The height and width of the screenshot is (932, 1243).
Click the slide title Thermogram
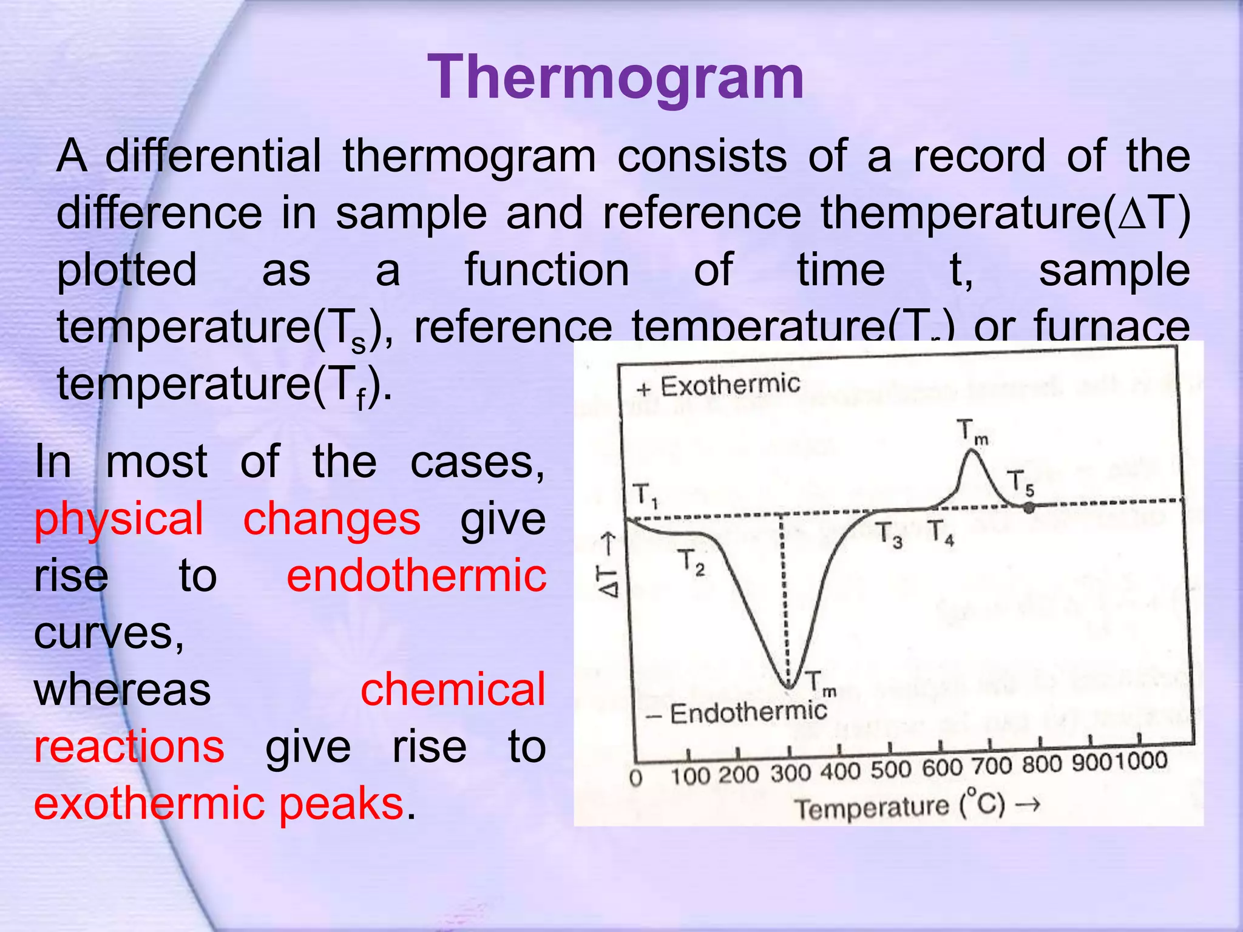tap(615, 77)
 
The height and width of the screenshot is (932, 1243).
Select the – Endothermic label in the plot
tap(737, 713)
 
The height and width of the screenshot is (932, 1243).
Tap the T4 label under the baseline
tap(940, 532)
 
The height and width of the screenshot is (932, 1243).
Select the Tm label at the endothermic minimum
tap(820, 684)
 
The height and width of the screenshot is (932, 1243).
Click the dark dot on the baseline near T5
tap(1028, 508)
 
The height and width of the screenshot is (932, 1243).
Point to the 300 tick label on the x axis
tap(791, 774)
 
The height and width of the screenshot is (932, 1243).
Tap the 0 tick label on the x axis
tap(635, 778)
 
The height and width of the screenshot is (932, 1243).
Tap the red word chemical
tap(453, 689)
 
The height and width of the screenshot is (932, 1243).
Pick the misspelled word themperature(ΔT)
tap(1004, 212)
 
